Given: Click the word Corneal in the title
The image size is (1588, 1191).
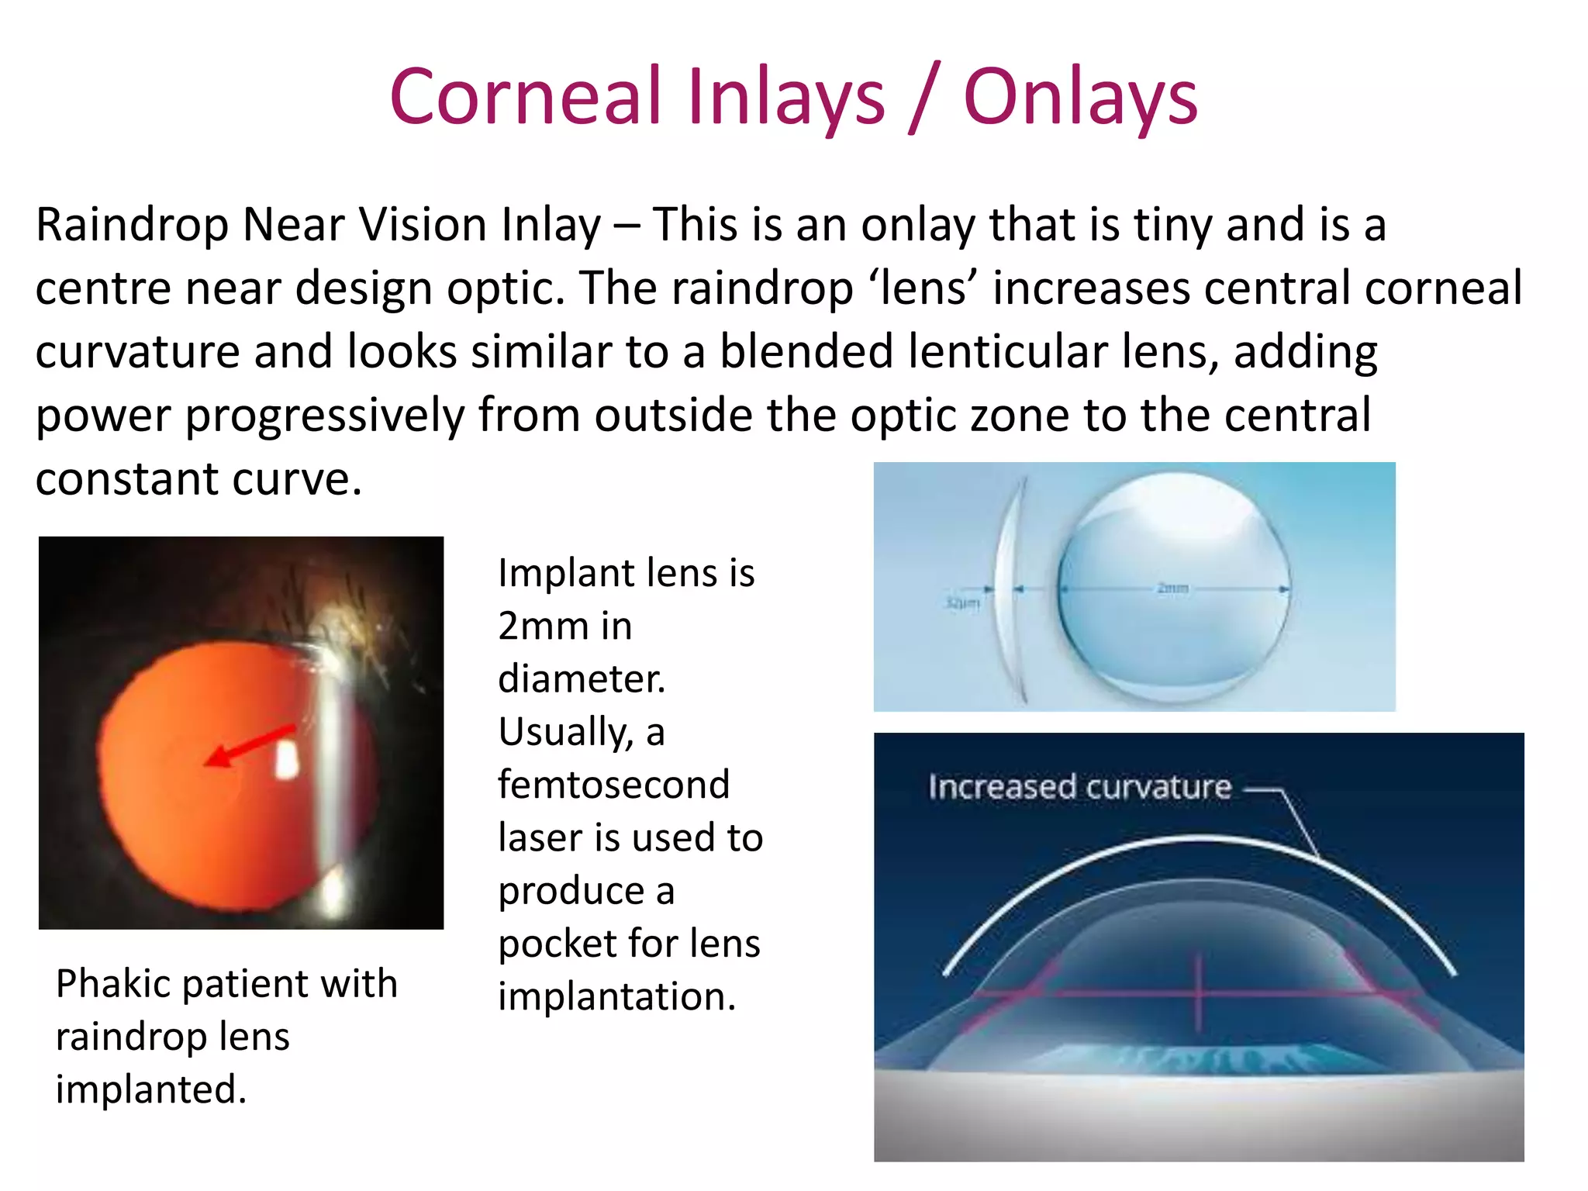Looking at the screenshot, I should pos(525,97).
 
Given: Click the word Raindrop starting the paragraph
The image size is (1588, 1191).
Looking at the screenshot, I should pos(132,225).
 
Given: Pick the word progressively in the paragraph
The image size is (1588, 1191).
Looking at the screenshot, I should pos(324,416).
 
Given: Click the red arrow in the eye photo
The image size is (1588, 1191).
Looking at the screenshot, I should pos(248,745).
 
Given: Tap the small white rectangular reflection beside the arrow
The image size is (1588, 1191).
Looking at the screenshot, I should pos(288,759).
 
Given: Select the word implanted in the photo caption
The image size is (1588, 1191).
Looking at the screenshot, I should pos(150,1089).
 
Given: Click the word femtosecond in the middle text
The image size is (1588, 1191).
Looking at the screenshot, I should pos(613,785).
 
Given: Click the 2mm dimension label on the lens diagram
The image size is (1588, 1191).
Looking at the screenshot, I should pos(1172,588).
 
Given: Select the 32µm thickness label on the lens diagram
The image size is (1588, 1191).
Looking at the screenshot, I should pos(962,602).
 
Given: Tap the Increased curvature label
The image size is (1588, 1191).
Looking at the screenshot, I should pos(1079,787).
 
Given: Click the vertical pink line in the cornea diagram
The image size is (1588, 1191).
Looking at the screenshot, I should pos(1199,992).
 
